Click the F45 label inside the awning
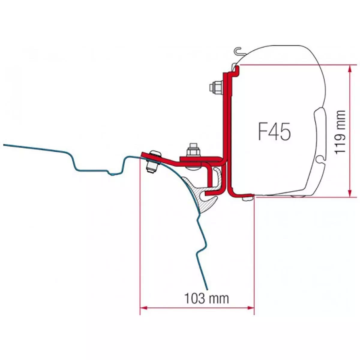(274, 131)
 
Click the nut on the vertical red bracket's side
(216, 87)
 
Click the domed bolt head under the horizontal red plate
(193, 168)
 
